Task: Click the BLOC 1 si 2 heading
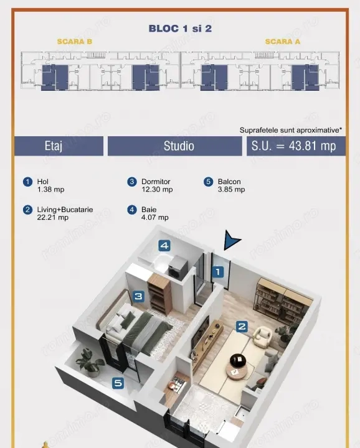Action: tap(180, 28)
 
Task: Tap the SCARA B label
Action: tap(75, 42)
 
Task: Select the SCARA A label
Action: tap(283, 42)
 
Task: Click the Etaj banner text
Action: tap(54, 146)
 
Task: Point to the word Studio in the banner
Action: tap(179, 146)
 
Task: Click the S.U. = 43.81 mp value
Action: tap(293, 146)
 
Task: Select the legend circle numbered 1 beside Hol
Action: tap(28, 182)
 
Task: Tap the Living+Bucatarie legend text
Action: tap(65, 210)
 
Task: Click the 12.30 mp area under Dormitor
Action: tap(157, 189)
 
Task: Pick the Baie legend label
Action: tap(149, 210)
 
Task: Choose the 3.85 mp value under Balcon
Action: tap(231, 189)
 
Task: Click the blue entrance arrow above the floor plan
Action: tap(231, 240)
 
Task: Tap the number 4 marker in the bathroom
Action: tap(164, 246)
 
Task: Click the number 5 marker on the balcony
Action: tap(118, 383)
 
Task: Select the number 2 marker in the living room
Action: tap(242, 326)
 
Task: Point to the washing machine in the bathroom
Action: tap(178, 268)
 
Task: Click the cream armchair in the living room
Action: tap(262, 337)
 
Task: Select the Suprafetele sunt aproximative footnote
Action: tap(291, 130)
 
